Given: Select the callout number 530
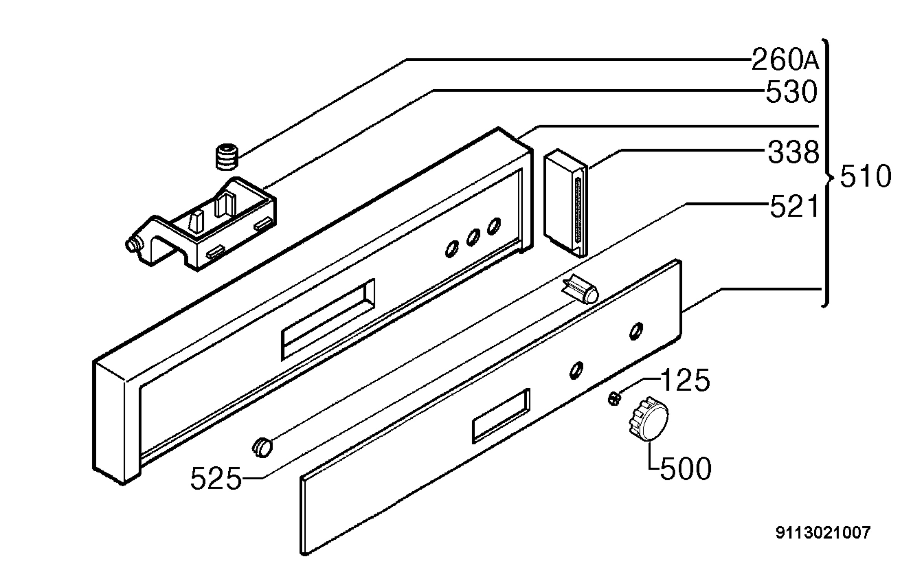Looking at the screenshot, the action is click(x=792, y=92).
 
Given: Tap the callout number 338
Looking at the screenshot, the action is click(x=793, y=152).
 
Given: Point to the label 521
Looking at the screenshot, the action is click(x=794, y=207).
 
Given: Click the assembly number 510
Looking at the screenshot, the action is click(x=865, y=176).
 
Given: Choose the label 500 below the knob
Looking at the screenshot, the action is click(x=686, y=469).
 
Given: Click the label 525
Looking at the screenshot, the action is click(x=216, y=479).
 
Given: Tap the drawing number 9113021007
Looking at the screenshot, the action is click(x=823, y=533).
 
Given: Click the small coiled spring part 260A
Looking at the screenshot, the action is click(x=226, y=157).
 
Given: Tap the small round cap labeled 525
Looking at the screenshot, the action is click(x=263, y=447).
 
